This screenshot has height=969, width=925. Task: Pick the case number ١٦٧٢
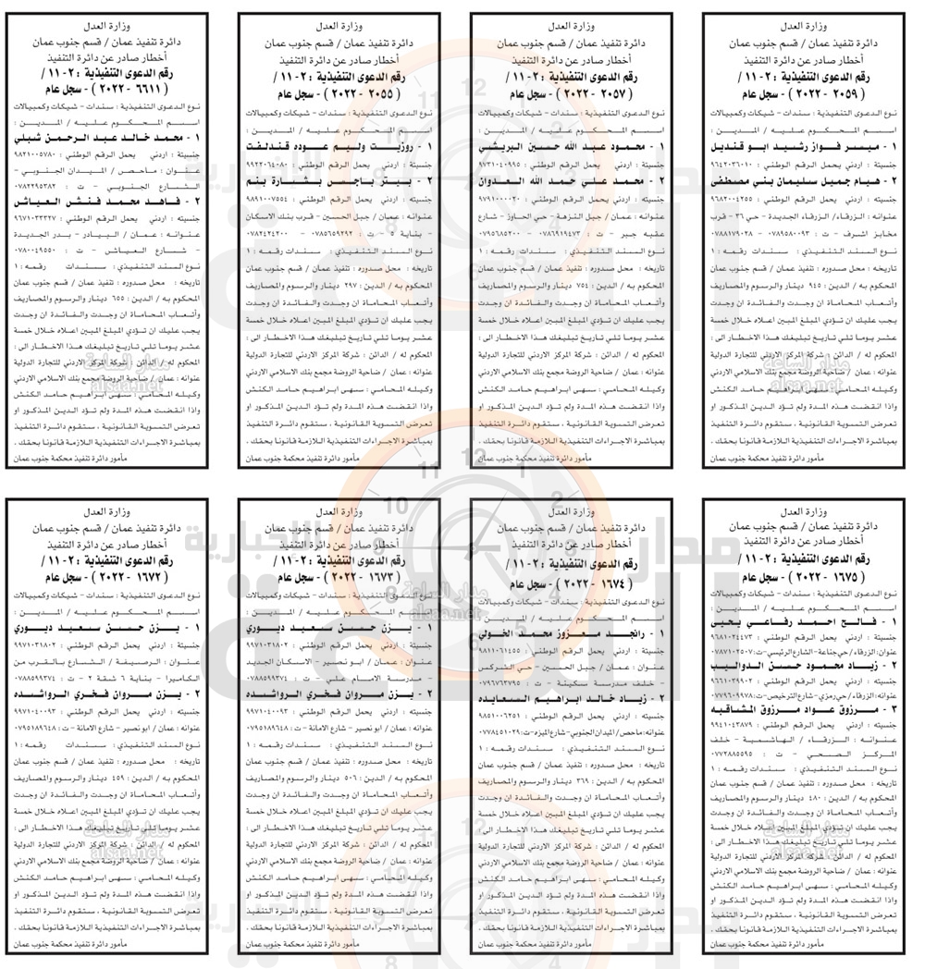(x=125, y=574)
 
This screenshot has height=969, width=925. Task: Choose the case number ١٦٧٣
(x=355, y=574)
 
